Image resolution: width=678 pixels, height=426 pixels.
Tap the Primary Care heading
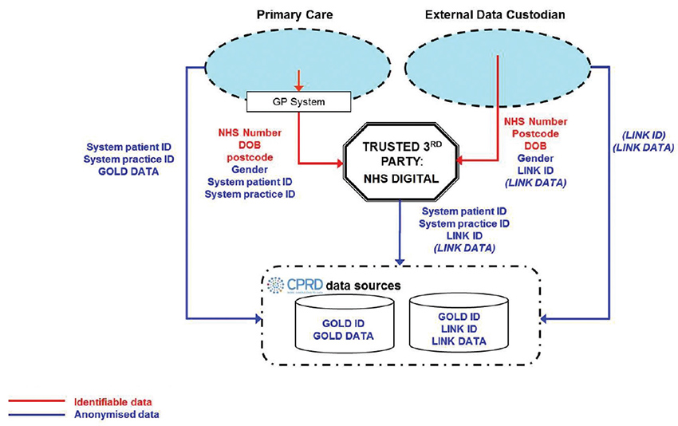(x=285, y=15)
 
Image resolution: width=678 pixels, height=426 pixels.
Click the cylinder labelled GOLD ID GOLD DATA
(x=344, y=327)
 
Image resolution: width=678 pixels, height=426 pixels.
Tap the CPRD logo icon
(x=275, y=285)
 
